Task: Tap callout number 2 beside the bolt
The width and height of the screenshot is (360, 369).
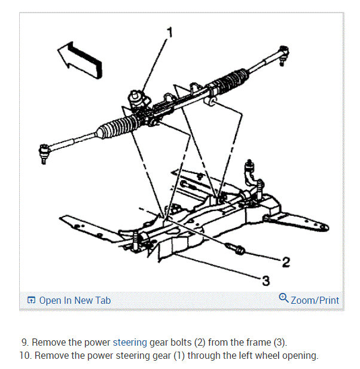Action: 286,261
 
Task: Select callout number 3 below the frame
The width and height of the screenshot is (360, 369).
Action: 266,280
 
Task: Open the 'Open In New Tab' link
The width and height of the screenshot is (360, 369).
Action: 74,300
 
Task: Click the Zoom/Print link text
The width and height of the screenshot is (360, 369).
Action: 315,300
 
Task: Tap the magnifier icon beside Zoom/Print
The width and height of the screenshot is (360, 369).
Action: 283,298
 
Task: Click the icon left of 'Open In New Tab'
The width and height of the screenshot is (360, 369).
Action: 32,300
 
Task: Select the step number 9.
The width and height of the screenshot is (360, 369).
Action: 25,343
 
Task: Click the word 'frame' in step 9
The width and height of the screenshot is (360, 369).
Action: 257,343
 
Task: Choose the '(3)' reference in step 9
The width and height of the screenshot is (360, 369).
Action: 279,343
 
